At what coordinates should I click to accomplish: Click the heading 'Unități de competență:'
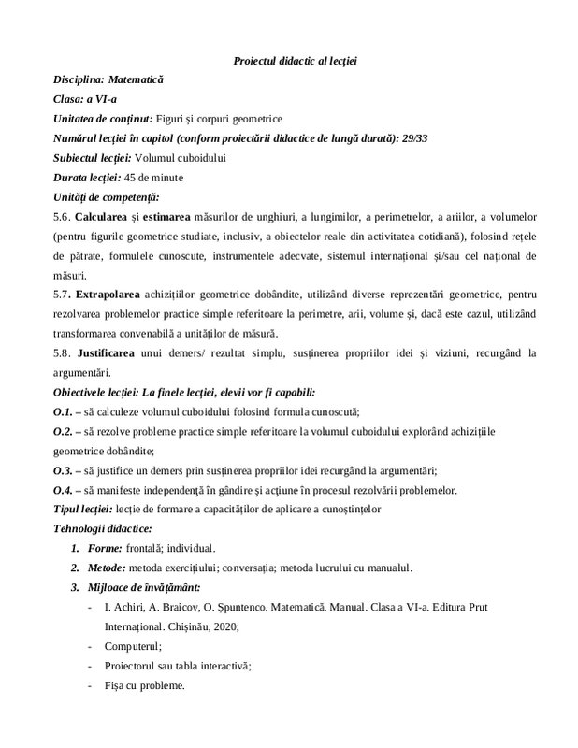pos(106,196)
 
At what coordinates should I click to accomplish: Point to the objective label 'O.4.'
pos(65,489)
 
